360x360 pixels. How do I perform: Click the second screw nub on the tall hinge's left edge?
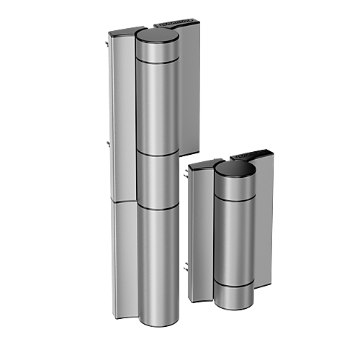tap(107, 144)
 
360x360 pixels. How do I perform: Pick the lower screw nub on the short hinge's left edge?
tap(186, 267)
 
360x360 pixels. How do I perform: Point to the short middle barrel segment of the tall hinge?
tap(158, 180)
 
